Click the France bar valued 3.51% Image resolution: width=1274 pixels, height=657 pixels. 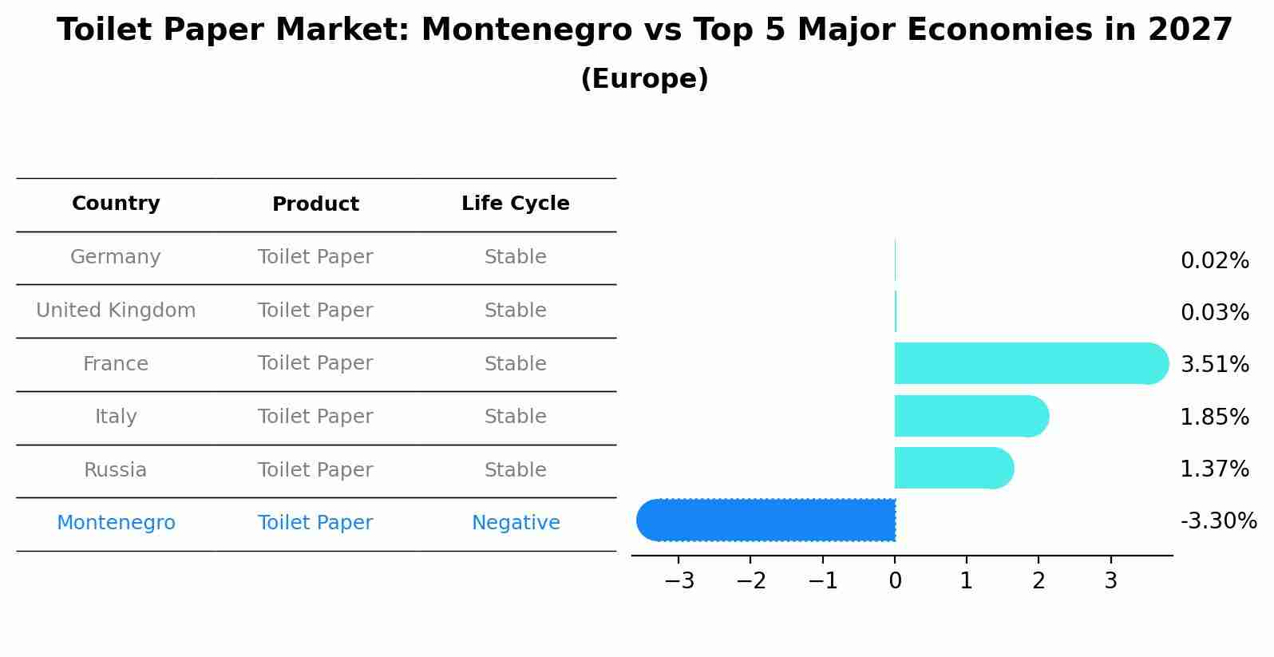[x=1030, y=363]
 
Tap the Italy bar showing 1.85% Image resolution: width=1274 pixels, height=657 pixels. [x=971, y=416]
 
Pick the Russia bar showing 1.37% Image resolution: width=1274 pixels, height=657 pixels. [x=953, y=468]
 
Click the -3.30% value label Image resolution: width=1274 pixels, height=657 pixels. [x=1218, y=521]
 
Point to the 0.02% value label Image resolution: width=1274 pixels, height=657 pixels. [x=1214, y=261]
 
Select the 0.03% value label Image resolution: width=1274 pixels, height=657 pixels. [x=1214, y=313]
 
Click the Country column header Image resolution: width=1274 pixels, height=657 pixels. [x=116, y=204]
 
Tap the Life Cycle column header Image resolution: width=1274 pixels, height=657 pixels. [x=515, y=204]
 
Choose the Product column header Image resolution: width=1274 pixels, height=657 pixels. [x=315, y=204]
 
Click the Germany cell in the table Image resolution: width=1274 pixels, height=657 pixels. [x=116, y=257]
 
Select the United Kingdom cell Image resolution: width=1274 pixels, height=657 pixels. [x=116, y=311]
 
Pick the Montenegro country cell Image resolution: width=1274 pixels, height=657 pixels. [x=116, y=523]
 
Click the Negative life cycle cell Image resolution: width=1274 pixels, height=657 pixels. [x=516, y=523]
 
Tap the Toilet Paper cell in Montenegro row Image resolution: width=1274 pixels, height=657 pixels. [x=315, y=523]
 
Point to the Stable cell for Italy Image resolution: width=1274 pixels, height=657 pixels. [x=515, y=417]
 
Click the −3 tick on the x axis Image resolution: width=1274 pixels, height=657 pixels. [x=679, y=581]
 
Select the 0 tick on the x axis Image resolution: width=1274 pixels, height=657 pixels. [x=895, y=581]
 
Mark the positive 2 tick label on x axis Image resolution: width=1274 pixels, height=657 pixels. [x=1039, y=581]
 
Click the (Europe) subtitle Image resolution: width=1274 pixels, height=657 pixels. [x=644, y=79]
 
